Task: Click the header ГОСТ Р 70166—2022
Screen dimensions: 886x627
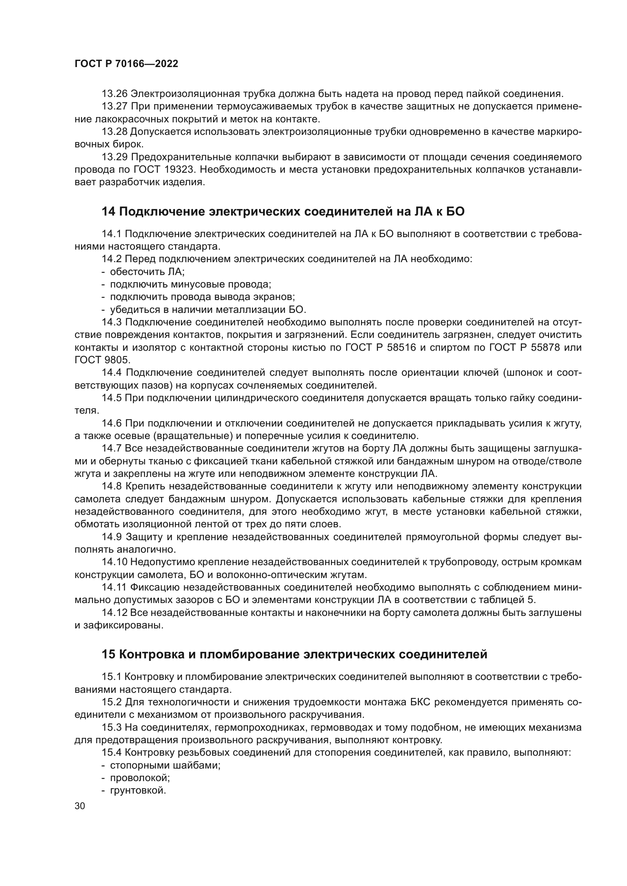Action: point(126,64)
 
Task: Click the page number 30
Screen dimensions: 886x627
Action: point(80,806)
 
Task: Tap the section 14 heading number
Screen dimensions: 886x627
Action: point(108,211)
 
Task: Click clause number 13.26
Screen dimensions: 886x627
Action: point(114,94)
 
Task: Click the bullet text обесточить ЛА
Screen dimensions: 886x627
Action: point(147,272)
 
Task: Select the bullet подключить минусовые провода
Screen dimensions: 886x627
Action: point(190,284)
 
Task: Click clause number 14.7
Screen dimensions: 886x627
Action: point(111,448)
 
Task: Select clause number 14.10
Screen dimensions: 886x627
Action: point(114,562)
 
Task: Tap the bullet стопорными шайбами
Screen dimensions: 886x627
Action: point(165,765)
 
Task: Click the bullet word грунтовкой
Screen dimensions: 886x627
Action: point(138,790)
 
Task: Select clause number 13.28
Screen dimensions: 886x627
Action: point(114,132)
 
